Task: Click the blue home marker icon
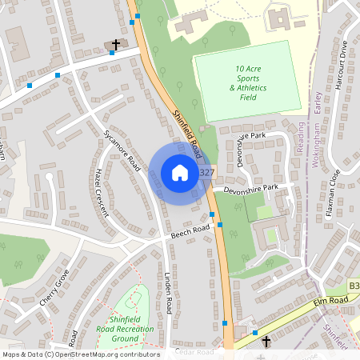pyautogui.click(x=179, y=173)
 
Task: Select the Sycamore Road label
pyautogui.click(x=122, y=150)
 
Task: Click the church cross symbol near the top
pyautogui.click(x=115, y=45)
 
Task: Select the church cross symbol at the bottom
pyautogui.click(x=267, y=342)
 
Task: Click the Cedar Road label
pyautogui.click(x=196, y=352)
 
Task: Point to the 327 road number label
pyautogui.click(x=206, y=173)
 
